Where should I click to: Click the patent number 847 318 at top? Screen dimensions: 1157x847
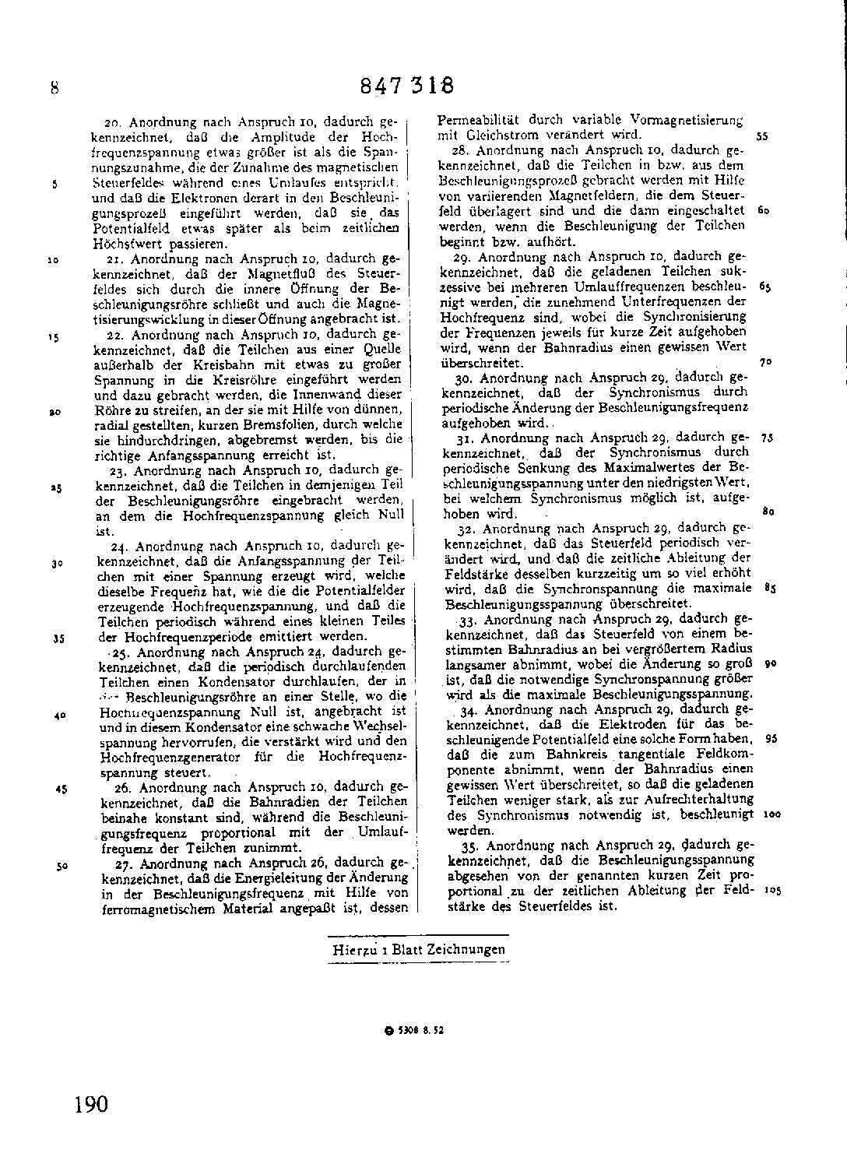(x=406, y=85)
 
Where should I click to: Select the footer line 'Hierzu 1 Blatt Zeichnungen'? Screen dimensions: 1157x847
(x=419, y=949)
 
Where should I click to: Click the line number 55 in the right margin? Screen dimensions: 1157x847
(x=762, y=135)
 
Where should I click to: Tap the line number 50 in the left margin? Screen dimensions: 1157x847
(x=62, y=864)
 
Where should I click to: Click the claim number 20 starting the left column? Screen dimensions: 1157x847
(x=111, y=122)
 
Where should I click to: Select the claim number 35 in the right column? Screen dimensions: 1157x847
(x=469, y=846)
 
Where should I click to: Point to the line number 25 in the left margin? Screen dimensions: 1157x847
(x=57, y=487)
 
